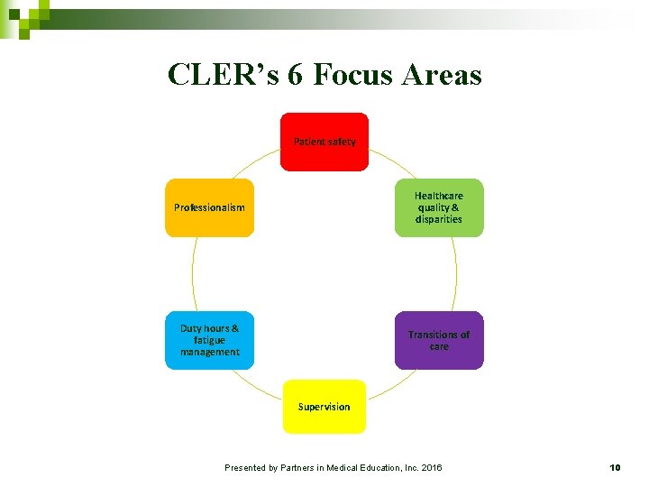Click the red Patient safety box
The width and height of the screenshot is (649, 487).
324,142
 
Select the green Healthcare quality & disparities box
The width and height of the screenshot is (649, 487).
439,207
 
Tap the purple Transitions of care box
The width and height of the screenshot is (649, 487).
439,340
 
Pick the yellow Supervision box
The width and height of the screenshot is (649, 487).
324,407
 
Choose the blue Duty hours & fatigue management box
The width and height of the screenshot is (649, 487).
209,340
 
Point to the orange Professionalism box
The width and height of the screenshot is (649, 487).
209,207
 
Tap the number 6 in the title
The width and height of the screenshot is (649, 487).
296,74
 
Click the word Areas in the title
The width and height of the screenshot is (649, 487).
443,74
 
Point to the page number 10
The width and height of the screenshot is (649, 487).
616,467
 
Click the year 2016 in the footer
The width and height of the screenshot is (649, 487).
430,467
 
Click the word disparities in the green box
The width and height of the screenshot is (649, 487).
439,219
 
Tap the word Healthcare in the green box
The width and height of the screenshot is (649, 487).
439,196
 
